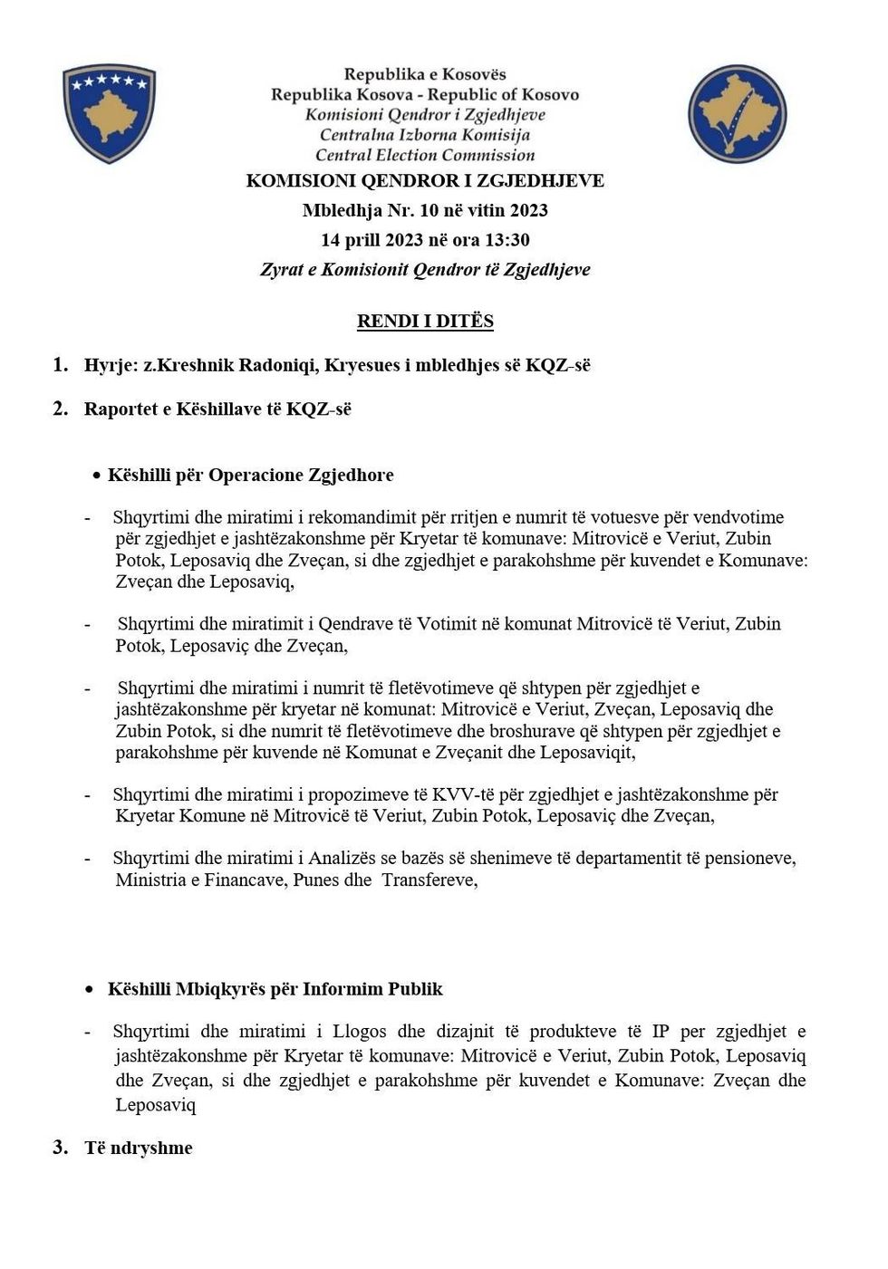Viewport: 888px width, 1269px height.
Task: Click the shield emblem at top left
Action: (109, 113)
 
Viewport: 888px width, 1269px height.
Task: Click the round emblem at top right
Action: (737, 113)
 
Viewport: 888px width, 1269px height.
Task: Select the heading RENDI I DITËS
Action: (425, 322)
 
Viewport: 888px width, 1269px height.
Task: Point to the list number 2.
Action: (61, 409)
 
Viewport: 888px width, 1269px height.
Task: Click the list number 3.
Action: (61, 1148)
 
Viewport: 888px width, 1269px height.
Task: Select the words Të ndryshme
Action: (139, 1149)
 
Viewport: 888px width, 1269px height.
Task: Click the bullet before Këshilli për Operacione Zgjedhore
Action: (96, 476)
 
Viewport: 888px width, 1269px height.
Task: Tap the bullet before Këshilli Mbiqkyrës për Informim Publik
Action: (89, 990)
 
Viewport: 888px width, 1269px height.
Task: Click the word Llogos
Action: (360, 1032)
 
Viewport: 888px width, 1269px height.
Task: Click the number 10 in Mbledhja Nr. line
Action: (430, 210)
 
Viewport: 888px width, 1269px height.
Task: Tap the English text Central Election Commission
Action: (425, 155)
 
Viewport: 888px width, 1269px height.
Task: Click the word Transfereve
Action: (429, 880)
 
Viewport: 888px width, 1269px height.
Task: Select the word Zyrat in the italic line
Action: (282, 270)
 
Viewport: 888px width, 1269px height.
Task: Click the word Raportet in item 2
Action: (120, 409)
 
